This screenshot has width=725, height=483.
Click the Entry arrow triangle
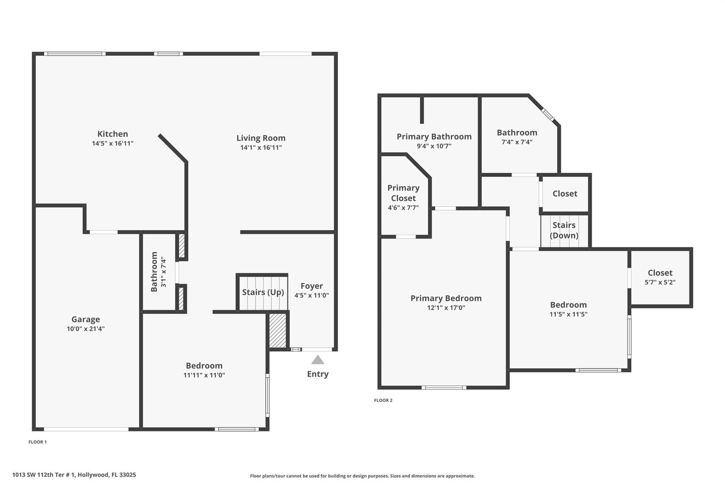[x=318, y=360]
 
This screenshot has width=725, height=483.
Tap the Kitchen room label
[x=113, y=134]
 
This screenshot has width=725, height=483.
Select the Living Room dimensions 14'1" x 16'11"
[x=261, y=148]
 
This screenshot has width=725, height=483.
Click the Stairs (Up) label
[x=263, y=292]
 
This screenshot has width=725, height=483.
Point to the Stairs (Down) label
[x=564, y=230]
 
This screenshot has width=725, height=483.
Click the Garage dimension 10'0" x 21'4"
[x=86, y=329]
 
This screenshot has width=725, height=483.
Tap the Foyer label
[x=312, y=286]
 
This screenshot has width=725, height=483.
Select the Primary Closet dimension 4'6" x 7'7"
[x=403, y=208]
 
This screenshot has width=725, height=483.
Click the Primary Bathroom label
[x=434, y=137]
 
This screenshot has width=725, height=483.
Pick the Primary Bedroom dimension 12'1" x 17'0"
[x=446, y=308]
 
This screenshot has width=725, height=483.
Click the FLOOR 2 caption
[x=383, y=400]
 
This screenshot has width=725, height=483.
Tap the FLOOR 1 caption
[x=38, y=442]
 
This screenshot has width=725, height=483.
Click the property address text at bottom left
[x=74, y=475]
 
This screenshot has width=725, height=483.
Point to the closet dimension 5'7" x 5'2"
[x=660, y=282]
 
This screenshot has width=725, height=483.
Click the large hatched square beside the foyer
[x=278, y=330]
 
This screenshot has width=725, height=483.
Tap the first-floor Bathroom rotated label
[x=154, y=272]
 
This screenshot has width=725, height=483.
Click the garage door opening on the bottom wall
[x=86, y=429]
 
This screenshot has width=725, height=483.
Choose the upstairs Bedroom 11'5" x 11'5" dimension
[x=568, y=314]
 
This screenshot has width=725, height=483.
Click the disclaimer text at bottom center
[x=362, y=476]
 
